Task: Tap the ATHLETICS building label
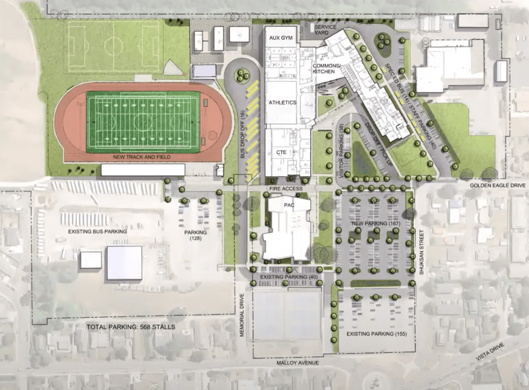coord(282,103)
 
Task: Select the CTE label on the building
coord(282,152)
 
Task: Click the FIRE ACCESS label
coord(285,189)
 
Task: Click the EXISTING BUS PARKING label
coord(98,232)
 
